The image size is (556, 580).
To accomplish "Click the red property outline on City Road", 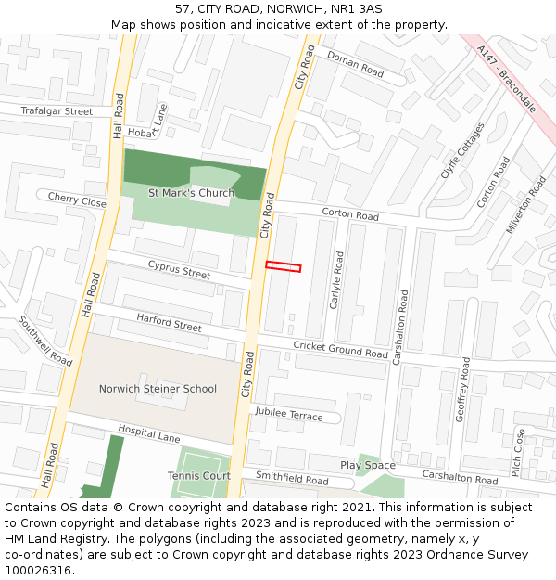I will click(284, 267).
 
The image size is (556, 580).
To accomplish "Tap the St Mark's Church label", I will click(191, 193).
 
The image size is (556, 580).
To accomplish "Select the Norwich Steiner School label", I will click(158, 389).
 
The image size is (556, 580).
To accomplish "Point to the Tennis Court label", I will click(198, 476).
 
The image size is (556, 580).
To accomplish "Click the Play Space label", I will click(367, 465).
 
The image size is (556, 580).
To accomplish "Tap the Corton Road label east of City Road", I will click(350, 215).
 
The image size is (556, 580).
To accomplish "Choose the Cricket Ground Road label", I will click(340, 350).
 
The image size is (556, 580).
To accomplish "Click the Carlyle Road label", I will click(338, 280).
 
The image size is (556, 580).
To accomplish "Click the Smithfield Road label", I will click(292, 480).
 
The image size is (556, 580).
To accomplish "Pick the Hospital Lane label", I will click(148, 432).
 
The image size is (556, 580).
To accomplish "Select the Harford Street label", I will click(169, 322).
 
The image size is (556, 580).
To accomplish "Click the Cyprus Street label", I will click(179, 270).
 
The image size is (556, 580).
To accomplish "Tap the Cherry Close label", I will click(77, 200).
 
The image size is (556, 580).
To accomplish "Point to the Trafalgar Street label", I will click(57, 111).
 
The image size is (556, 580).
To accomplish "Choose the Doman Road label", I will click(355, 64).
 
